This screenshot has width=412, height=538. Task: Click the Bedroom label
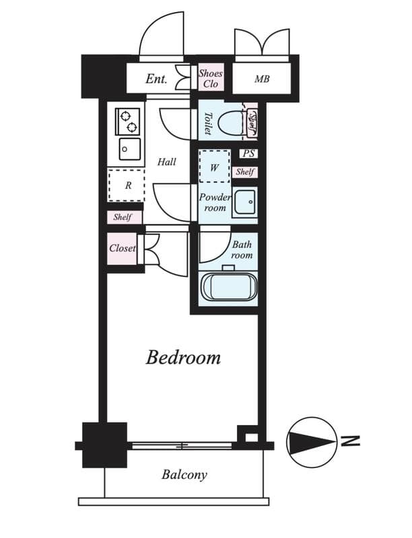(183, 357)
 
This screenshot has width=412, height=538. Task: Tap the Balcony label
(184, 475)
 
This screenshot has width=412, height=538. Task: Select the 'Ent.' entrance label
(156, 79)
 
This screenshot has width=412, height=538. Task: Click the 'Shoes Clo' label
(210, 79)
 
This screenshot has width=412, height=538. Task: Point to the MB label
(261, 79)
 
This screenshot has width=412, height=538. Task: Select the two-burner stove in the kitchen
(128, 120)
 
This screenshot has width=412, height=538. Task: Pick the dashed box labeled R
(127, 186)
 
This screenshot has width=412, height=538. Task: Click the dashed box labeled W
(214, 167)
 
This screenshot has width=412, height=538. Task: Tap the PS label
(248, 153)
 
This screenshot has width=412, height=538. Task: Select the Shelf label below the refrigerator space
(123, 217)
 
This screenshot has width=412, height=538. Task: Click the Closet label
(122, 248)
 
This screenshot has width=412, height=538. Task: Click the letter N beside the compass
(349, 441)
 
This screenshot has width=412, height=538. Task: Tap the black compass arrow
(311, 441)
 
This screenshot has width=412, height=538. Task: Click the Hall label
(166, 162)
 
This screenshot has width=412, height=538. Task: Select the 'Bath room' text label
(242, 250)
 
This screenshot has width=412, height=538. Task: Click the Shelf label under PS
(245, 172)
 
